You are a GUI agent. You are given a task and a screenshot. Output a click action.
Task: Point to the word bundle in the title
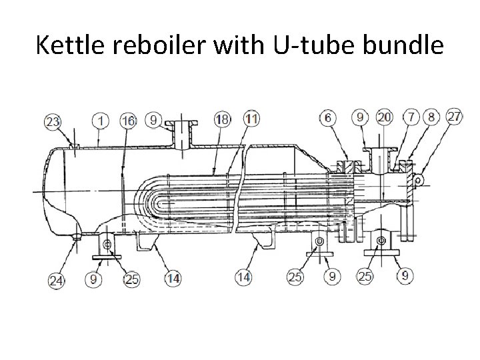coord(405,45)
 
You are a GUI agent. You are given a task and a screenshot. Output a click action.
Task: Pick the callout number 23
coord(51,122)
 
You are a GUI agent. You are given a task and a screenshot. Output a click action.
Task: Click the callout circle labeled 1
coord(101,121)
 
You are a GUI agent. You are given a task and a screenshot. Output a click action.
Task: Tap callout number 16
coord(129,121)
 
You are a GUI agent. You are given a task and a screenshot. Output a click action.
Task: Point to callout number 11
coord(251,119)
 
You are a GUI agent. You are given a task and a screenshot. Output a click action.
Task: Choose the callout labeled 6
coord(327,117)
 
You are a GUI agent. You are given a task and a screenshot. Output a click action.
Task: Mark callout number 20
coord(383,117)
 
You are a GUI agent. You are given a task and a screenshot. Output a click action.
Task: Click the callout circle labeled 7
coord(411,117)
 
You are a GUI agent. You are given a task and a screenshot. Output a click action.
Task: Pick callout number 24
coord(57,280)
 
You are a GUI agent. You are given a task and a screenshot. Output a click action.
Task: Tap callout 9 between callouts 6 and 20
coord(360,117)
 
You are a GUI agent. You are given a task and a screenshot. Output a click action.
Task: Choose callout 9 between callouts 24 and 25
coord(94,280)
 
